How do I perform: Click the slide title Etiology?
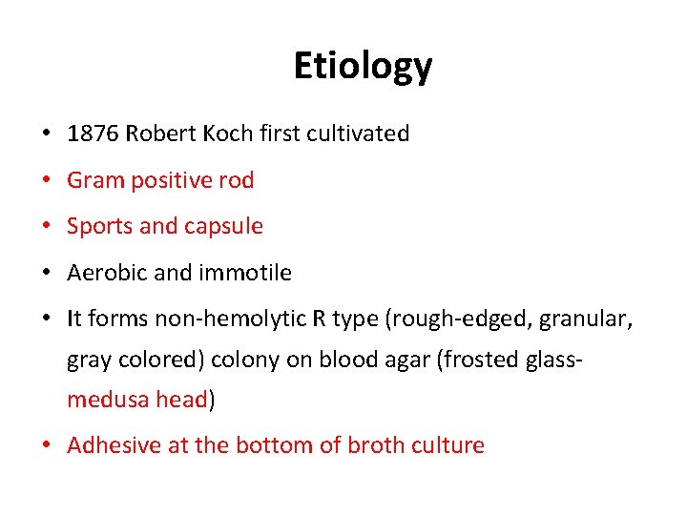click(363, 67)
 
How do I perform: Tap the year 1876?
click(91, 134)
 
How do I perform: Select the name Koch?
click(226, 134)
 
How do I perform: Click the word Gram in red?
click(94, 180)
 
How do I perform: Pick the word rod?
click(237, 180)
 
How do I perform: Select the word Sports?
click(99, 227)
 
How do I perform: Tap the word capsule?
click(224, 227)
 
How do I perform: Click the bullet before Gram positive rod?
click(46, 180)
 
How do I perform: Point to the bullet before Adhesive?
click(46, 445)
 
